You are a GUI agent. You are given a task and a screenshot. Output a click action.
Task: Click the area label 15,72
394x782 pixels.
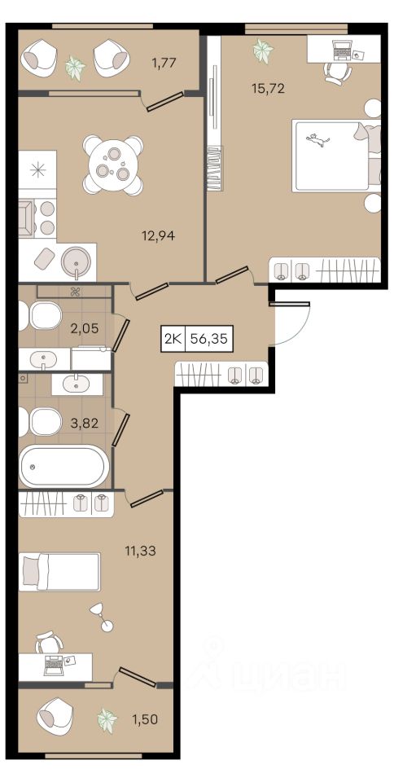point(269,89)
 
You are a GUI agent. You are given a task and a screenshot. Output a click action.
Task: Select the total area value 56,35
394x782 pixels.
point(208,340)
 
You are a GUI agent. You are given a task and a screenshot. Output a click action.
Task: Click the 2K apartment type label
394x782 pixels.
point(173,340)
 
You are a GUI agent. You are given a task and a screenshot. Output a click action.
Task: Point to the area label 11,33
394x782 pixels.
point(141,551)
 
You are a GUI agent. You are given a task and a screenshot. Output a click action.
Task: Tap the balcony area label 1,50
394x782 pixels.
point(144,719)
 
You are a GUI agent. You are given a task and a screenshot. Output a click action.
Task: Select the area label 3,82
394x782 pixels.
point(84,424)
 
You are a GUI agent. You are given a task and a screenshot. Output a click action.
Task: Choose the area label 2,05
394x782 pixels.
point(84,328)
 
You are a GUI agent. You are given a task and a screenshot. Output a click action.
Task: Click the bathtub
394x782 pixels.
point(63,466)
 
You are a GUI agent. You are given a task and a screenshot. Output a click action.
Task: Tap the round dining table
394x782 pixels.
point(113,165)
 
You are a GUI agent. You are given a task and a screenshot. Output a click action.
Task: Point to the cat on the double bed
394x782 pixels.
point(317,140)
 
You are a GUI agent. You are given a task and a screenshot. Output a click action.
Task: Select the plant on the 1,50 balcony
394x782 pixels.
point(107,719)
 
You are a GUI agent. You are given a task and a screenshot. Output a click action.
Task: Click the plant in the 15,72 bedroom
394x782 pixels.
point(262,51)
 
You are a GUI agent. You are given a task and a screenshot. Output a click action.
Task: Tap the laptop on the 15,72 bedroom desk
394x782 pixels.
point(342,50)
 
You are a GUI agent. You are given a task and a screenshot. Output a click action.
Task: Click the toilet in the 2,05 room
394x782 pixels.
point(41,316)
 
